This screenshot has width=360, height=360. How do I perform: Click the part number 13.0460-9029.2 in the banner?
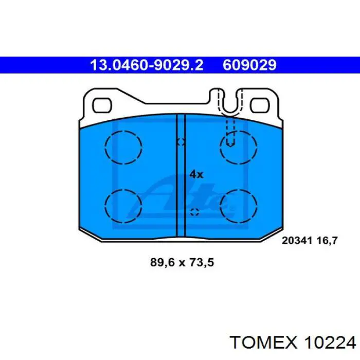147,65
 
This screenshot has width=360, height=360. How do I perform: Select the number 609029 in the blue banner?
249,65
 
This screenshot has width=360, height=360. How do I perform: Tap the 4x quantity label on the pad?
196,174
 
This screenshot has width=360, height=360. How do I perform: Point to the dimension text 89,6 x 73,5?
182,262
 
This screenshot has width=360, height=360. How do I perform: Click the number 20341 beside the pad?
297,240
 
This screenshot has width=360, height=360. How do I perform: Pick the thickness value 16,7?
327,241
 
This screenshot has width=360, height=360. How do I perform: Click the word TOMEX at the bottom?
263,343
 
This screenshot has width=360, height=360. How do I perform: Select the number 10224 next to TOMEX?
330,343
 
